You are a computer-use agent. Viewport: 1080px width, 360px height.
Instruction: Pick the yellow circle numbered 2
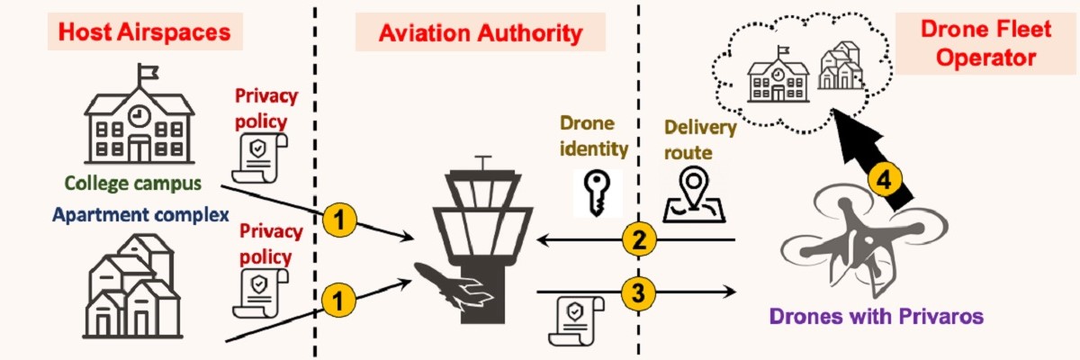pos(638,240)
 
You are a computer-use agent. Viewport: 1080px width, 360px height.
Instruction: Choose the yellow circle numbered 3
pos(638,292)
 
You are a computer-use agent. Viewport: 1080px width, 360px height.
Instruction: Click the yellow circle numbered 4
pos(886,180)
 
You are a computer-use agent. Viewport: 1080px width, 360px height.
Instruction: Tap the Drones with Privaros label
pos(876,316)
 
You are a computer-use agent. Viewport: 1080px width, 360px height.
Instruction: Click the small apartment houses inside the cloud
pos(841,65)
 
